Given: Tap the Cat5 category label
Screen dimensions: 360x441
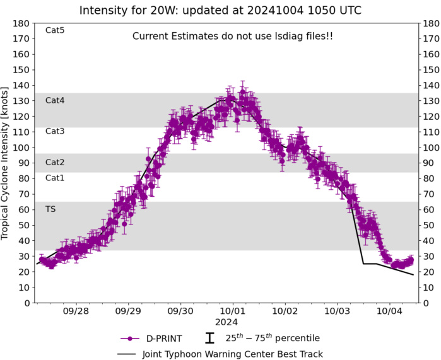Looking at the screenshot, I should coord(55,30).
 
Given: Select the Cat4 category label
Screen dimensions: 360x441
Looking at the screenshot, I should coord(55,100).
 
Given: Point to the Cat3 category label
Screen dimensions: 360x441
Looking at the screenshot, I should coord(55,131).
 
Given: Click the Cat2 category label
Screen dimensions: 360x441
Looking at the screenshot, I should coord(55,162).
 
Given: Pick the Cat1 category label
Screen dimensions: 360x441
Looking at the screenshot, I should coord(55,178).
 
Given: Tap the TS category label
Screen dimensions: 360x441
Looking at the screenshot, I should coord(50,209).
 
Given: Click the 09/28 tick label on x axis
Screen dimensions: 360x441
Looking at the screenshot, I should coord(76,311).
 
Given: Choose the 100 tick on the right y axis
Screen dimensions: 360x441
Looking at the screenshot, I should coord(430,148).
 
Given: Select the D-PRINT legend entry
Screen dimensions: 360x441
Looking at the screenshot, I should coord(152,338).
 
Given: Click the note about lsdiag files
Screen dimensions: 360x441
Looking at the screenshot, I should coord(232,37).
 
